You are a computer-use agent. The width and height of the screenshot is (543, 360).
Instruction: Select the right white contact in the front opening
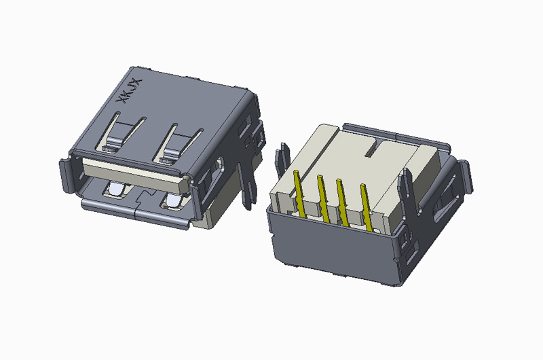[x=172, y=200]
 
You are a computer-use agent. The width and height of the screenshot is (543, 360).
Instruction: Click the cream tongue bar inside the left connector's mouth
[x=129, y=170]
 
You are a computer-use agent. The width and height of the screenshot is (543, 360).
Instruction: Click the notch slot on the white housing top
[x=371, y=144]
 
